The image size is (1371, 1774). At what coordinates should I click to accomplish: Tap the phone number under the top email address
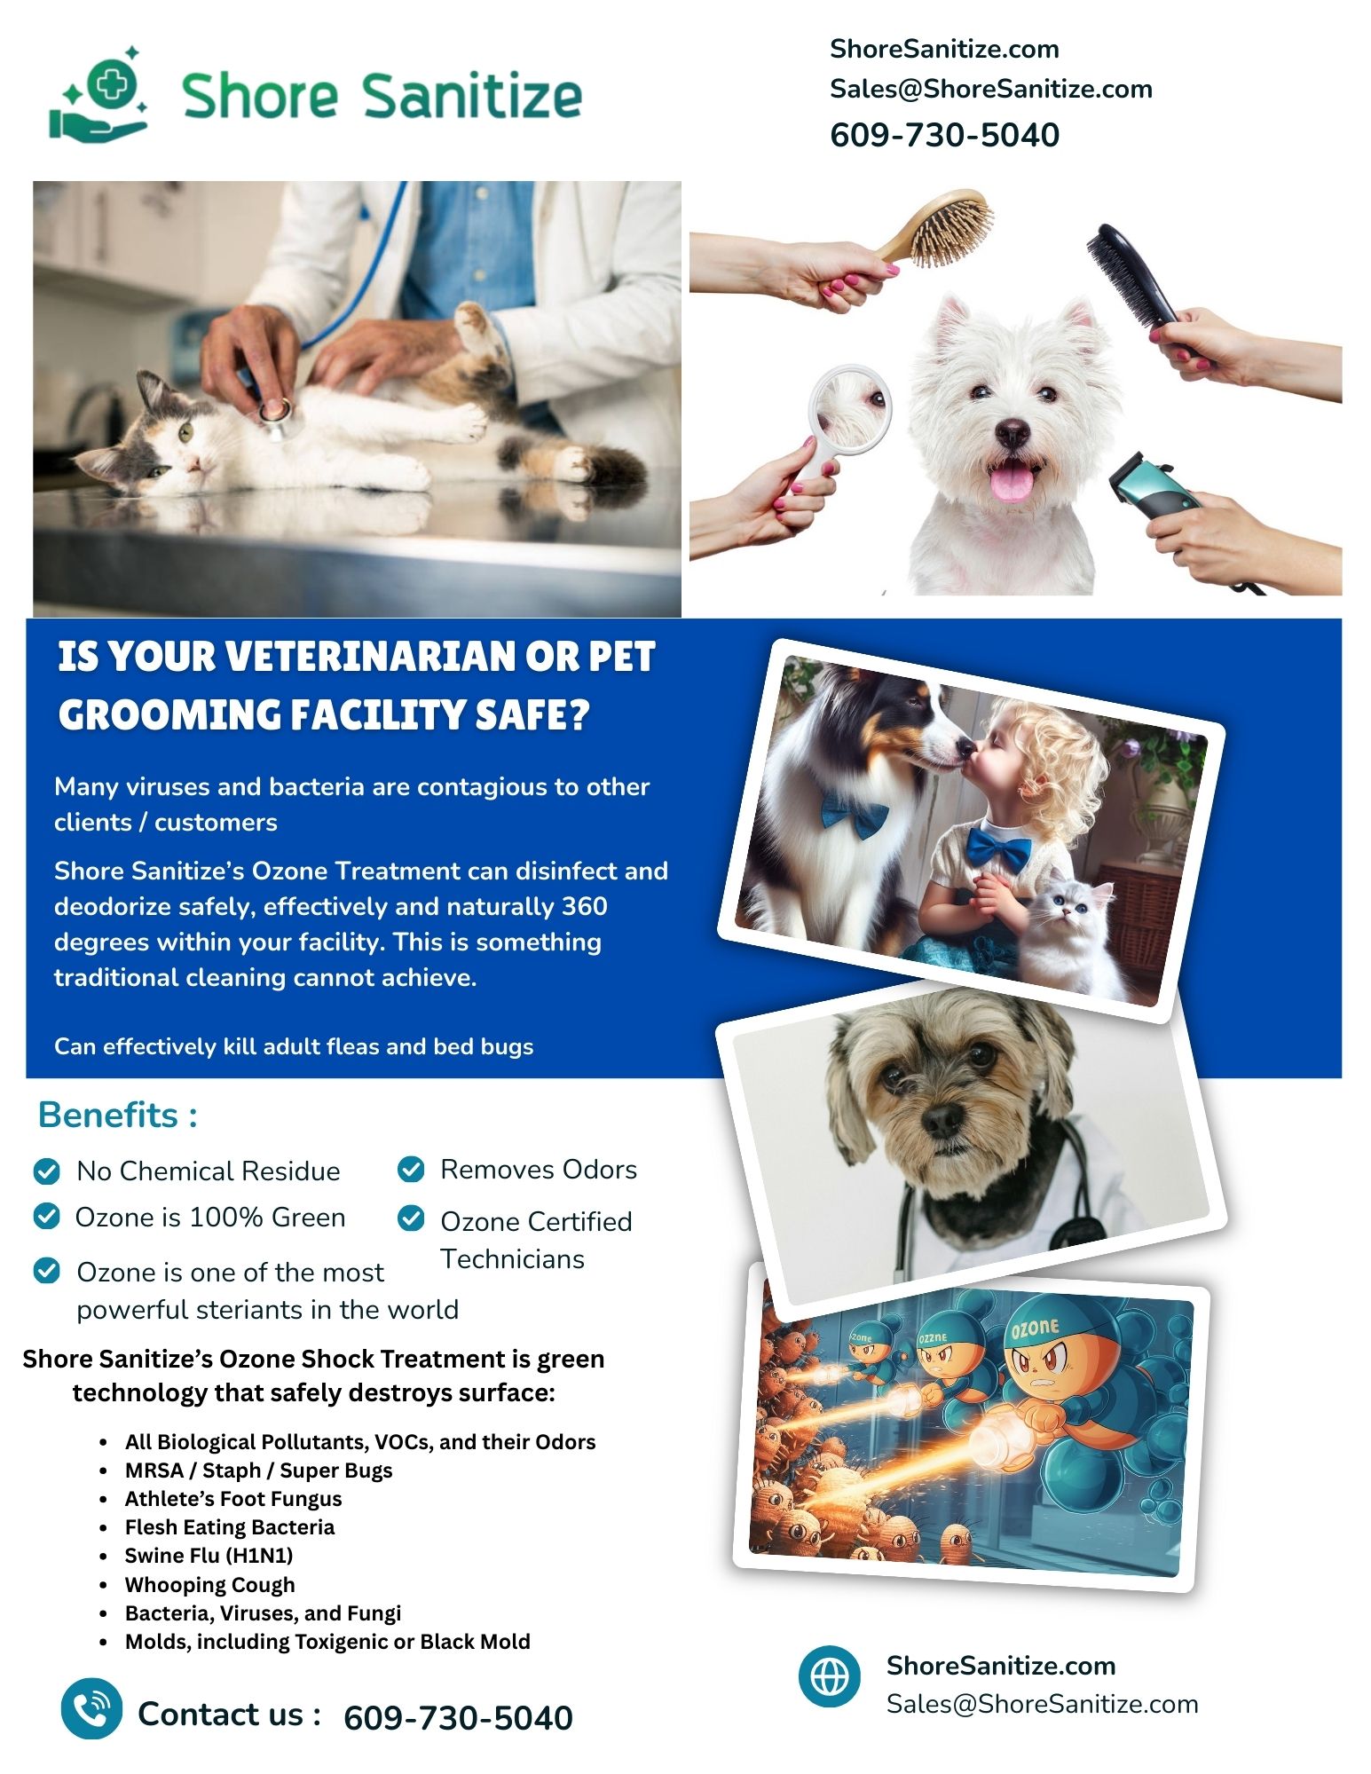[x=944, y=135]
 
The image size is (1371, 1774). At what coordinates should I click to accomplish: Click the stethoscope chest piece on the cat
[x=274, y=414]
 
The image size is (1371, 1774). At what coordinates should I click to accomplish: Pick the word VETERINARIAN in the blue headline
[x=370, y=657]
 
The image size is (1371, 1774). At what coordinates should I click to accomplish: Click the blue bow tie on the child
[x=999, y=847]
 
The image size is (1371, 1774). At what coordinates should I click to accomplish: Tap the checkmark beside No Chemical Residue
[x=46, y=1171]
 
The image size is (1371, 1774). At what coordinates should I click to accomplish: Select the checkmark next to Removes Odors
[x=411, y=1170]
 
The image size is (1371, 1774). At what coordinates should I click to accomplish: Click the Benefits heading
[x=117, y=1115]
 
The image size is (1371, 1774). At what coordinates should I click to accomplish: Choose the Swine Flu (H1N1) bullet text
[x=209, y=1555]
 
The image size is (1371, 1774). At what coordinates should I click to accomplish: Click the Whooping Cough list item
[x=209, y=1584]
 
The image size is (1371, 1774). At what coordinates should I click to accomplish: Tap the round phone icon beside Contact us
[x=91, y=1708]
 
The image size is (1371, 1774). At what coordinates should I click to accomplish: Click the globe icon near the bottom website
[x=830, y=1676]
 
